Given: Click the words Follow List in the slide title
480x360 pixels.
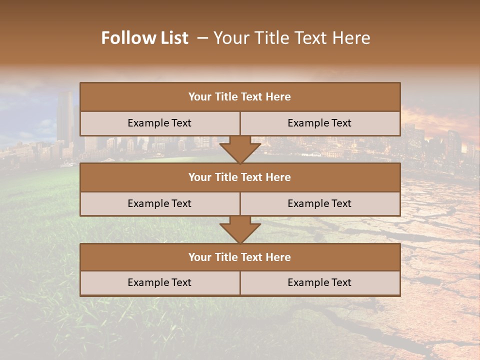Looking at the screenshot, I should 144,38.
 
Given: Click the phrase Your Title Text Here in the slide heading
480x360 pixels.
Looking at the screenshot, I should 291,38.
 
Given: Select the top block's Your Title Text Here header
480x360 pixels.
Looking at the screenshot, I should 239,97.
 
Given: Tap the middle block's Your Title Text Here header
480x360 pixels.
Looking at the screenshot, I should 239,177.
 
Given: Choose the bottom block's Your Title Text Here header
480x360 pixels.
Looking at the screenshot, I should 239,257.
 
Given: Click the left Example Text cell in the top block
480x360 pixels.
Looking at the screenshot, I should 159,123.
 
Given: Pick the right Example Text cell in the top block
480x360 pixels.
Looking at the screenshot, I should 319,123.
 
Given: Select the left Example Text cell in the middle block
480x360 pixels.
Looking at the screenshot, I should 159,203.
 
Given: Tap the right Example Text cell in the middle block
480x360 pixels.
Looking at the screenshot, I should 319,203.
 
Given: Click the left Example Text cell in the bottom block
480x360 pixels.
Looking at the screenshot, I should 159,282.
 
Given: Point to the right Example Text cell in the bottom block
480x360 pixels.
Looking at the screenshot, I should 319,282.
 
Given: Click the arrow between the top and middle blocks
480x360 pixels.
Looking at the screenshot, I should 240,149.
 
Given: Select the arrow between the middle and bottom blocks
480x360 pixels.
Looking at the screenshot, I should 240,229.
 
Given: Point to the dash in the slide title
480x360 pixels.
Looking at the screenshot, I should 202,38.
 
